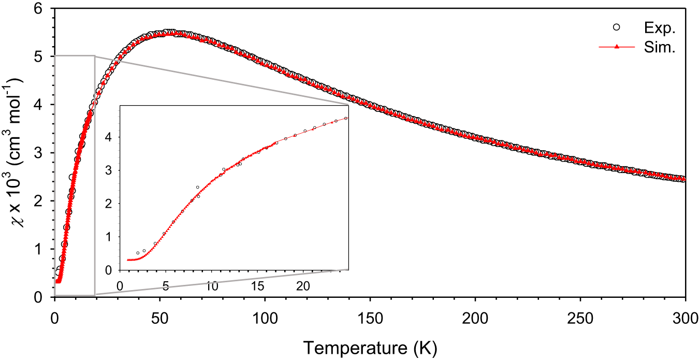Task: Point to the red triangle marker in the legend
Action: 616,47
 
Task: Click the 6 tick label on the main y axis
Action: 43,8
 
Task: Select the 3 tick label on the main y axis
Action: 43,153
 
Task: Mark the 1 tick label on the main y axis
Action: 43,249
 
